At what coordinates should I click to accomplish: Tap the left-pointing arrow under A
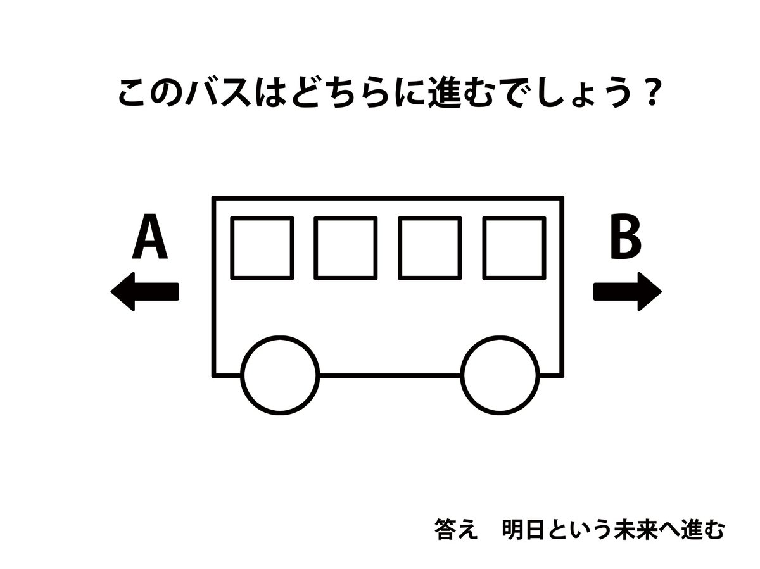click(145, 292)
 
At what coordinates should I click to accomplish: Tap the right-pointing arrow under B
click(627, 292)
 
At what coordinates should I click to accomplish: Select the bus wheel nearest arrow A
click(279, 375)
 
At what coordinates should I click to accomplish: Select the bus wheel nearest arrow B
click(500, 375)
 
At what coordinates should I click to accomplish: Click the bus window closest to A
click(262, 247)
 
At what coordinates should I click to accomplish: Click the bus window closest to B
click(514, 247)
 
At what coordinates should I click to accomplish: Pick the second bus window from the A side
click(346, 247)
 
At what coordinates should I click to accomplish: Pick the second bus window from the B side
click(430, 247)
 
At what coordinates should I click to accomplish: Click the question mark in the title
click(645, 95)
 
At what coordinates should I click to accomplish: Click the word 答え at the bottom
click(455, 529)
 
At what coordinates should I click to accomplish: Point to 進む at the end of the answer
click(702, 529)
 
